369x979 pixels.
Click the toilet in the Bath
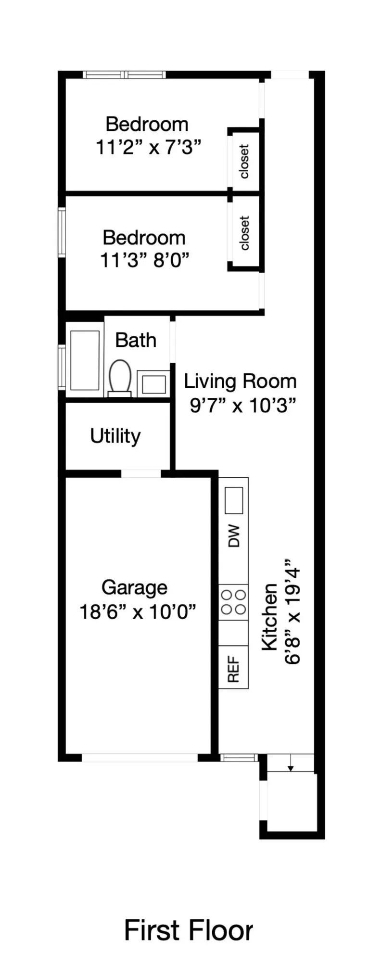point(120,378)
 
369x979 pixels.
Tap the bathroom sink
point(153,384)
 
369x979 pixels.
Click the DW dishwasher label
point(234,535)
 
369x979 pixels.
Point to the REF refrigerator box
point(233,667)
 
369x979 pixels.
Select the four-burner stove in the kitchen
point(233,602)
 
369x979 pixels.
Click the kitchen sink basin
point(234,500)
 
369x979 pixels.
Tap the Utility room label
point(115,436)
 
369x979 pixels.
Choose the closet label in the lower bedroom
point(244,233)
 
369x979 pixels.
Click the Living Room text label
point(240,381)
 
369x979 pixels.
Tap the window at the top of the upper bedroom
point(124,75)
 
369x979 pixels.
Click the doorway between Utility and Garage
point(140,474)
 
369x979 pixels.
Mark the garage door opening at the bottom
point(140,758)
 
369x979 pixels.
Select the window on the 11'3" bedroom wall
point(62,232)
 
